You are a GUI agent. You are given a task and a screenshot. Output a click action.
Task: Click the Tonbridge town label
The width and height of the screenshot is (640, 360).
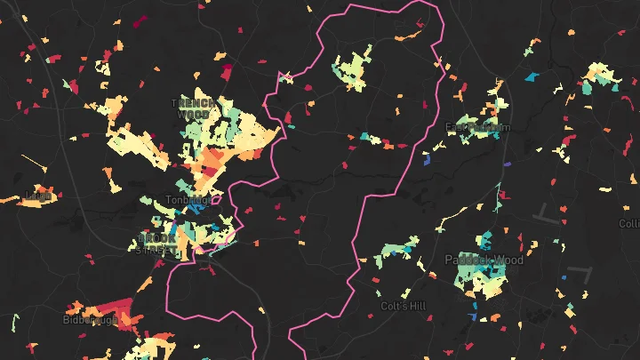pos(188,200)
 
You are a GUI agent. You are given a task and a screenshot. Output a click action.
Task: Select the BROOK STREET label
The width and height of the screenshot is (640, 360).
pos(158,244)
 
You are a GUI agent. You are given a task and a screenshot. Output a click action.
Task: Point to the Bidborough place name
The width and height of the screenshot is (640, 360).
pos(90,319)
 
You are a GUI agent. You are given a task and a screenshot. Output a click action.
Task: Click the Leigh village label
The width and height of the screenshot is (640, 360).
pos(38,195)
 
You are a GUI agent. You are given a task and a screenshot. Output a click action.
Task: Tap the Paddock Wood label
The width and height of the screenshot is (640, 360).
pos(484,260)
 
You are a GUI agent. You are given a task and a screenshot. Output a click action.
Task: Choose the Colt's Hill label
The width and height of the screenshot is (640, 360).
pos(403,306)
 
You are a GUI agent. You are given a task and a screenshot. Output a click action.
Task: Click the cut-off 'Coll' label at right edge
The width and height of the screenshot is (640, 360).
pos(629,224)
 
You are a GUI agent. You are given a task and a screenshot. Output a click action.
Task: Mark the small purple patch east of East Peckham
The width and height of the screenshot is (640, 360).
pos(508,164)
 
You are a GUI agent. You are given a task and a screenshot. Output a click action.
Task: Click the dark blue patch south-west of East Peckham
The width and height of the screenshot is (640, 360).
pos(427,161)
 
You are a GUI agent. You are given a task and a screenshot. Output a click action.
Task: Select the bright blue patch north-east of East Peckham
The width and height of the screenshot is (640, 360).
pos(532,77)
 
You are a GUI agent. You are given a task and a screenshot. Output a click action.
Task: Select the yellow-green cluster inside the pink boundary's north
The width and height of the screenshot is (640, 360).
pos(352,71)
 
